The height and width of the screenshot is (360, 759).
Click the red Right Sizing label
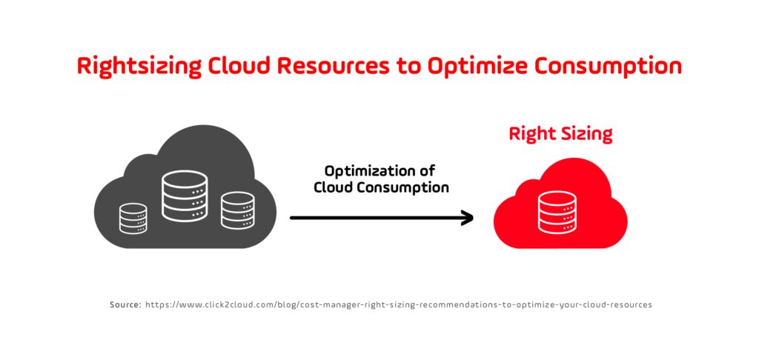[560, 134]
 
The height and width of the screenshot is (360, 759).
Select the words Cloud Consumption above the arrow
[381, 187]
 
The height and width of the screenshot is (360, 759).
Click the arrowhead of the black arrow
[467, 218]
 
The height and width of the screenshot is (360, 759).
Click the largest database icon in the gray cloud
[185, 196]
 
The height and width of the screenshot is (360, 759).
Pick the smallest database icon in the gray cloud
[133, 219]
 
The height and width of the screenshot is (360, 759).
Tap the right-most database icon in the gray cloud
[237, 210]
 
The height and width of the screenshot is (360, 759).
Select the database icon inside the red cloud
[557, 213]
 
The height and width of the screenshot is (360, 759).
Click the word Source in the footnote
[124, 305]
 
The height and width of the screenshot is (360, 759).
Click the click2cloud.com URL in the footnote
[398, 305]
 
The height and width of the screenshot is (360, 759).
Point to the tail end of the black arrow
[293, 218]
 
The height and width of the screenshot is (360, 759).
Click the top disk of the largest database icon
[185, 179]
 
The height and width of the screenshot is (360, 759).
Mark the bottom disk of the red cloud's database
[557, 227]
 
